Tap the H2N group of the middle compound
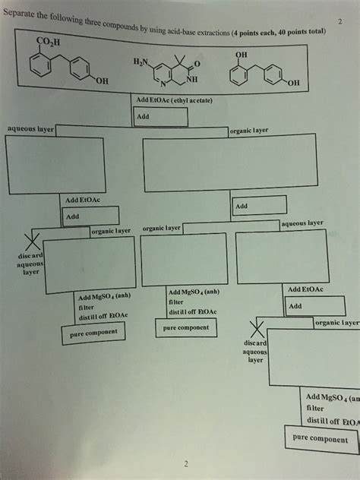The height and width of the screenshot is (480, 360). [x=142, y=62]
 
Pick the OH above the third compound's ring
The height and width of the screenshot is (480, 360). [x=241, y=55]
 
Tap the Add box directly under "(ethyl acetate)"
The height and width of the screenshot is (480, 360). [x=159, y=117]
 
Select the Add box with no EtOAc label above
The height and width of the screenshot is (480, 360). [x=259, y=205]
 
